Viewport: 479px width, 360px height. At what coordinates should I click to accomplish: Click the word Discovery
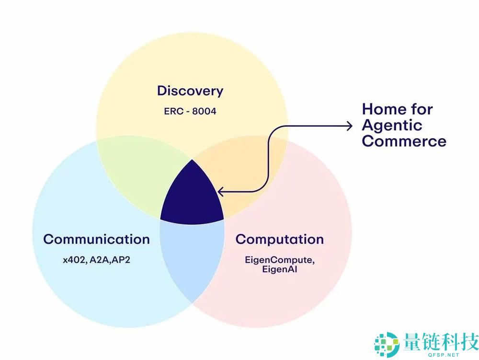click(x=190, y=91)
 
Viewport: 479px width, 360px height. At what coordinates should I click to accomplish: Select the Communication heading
click(x=96, y=239)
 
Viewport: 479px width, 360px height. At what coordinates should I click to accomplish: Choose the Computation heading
click(x=280, y=239)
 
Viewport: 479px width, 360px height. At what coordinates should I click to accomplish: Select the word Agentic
click(x=392, y=126)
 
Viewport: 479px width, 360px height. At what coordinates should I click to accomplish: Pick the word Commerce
click(x=404, y=141)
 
